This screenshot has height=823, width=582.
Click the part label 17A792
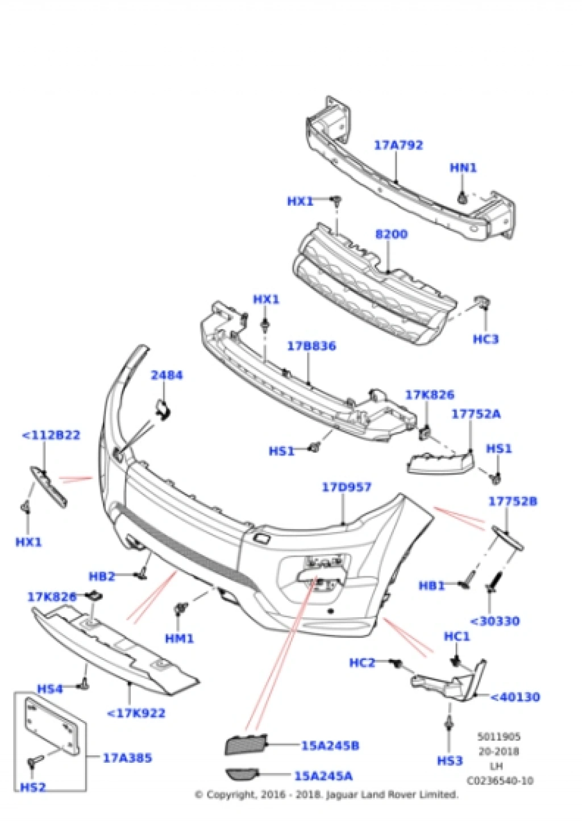click(398, 145)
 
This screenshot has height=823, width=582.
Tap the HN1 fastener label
click(463, 168)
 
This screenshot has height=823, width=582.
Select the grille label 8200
click(391, 234)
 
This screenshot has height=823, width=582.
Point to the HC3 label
click(485, 339)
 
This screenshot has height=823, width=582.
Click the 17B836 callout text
click(311, 346)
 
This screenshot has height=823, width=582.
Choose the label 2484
click(167, 375)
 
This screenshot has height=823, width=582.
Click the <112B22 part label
click(51, 435)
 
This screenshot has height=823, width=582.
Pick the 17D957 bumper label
click(347, 487)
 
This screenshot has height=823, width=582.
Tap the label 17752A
click(476, 414)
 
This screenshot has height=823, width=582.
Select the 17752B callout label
click(513, 501)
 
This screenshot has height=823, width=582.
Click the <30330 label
click(495, 621)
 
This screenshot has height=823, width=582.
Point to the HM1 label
click(179, 638)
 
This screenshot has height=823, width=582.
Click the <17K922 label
click(136, 713)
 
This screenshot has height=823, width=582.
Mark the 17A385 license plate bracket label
click(127, 758)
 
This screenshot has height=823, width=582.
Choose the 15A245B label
click(330, 745)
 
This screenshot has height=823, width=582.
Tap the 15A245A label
click(323, 775)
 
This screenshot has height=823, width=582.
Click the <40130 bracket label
click(514, 697)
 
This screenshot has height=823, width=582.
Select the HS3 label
click(450, 760)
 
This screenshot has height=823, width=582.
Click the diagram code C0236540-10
click(500, 781)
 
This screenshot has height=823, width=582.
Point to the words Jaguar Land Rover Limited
click(392, 795)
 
